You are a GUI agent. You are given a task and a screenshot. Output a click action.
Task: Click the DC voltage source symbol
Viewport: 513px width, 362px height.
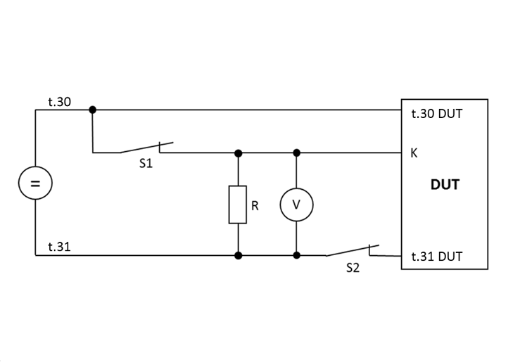pyautogui.click(x=35, y=184)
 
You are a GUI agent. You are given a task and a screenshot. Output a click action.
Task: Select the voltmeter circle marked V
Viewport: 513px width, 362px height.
pyautogui.click(x=296, y=205)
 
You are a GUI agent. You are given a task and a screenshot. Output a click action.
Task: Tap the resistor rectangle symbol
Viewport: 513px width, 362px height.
pyautogui.click(x=238, y=205)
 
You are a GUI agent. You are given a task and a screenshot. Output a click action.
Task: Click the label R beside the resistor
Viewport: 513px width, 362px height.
pyautogui.click(x=255, y=206)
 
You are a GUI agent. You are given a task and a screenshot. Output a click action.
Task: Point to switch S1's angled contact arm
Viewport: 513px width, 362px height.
pyautogui.click(x=141, y=148)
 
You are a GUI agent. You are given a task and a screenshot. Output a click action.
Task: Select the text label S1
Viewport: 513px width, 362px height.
pyautogui.click(x=146, y=164)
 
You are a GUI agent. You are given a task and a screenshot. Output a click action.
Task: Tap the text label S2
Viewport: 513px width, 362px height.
pyautogui.click(x=353, y=268)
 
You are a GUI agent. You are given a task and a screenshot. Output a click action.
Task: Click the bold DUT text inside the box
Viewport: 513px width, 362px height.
pyautogui.click(x=445, y=186)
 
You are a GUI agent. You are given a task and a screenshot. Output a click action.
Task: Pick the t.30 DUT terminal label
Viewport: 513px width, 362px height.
pyautogui.click(x=436, y=113)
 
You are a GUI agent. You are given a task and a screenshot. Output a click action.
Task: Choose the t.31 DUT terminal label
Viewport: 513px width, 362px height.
pyautogui.click(x=436, y=256)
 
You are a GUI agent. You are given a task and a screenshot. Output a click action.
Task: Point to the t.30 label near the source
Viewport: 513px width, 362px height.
pyautogui.click(x=59, y=102)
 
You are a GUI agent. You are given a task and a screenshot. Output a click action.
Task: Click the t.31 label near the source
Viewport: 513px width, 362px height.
pyautogui.click(x=59, y=247)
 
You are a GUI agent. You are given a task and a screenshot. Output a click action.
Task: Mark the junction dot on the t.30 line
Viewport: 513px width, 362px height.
pyautogui.click(x=92, y=110)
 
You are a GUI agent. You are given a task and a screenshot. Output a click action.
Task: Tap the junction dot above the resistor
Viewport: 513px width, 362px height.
pyautogui.click(x=238, y=153)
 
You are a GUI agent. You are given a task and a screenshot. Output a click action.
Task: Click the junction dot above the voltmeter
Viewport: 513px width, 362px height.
pyautogui.click(x=296, y=153)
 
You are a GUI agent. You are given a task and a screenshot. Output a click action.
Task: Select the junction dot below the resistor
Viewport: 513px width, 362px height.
pyautogui.click(x=238, y=255)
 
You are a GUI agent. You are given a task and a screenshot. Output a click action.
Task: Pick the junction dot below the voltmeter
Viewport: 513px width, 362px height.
pyautogui.click(x=296, y=255)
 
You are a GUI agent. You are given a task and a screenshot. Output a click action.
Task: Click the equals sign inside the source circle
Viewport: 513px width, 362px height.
pyautogui.click(x=35, y=184)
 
